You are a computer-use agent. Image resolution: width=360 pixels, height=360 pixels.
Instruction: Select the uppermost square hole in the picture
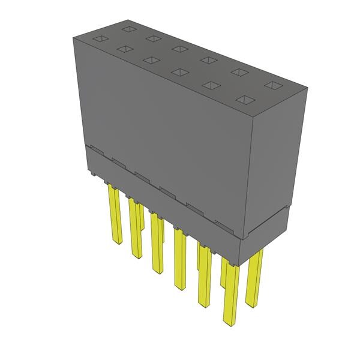coord(128,28)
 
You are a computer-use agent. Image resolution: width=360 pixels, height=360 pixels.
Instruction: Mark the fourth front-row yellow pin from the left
coord(179,258)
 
